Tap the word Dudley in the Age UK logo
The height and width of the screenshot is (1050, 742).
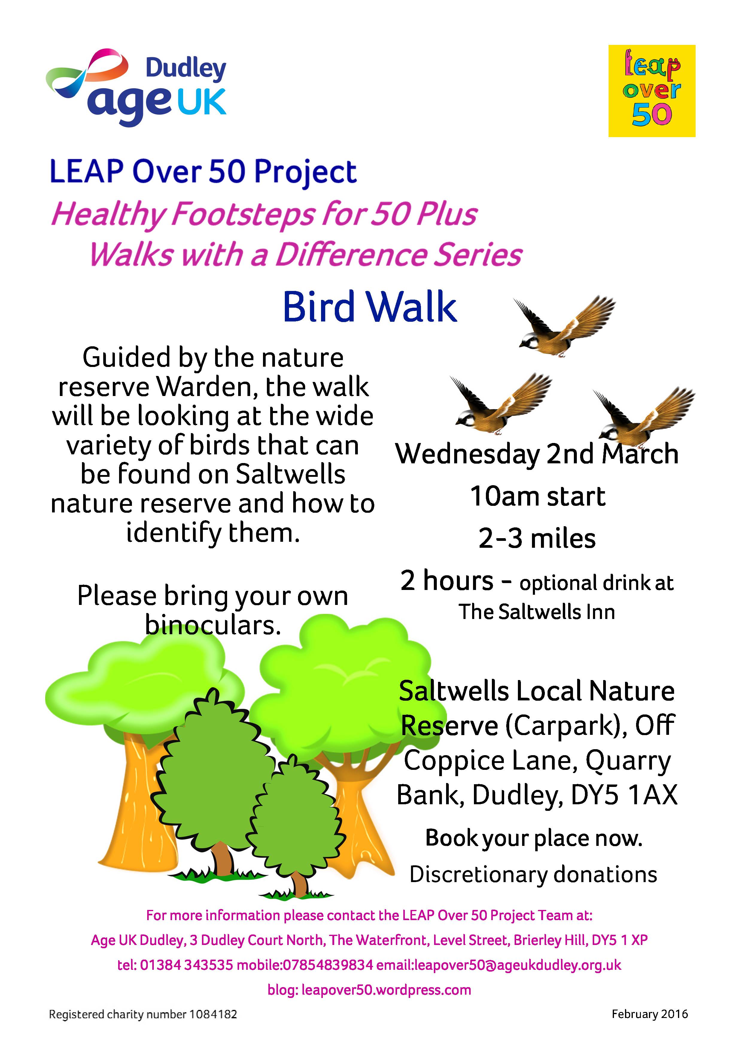point(185,69)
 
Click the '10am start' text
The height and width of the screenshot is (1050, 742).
point(538,496)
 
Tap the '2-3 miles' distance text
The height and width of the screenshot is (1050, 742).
point(537,538)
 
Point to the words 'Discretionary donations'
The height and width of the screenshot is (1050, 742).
point(533,874)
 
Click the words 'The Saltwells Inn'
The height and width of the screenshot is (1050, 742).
point(537,612)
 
